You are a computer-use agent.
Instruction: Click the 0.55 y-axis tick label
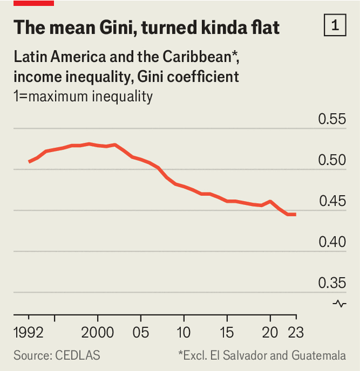tap(332, 119)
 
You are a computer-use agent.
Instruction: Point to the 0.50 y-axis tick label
tap(332, 160)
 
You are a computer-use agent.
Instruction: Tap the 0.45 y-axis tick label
tap(332, 201)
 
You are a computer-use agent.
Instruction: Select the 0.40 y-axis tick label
tap(332, 242)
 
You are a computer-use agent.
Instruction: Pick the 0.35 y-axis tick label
tap(332, 283)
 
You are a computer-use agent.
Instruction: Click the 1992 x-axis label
tap(28, 331)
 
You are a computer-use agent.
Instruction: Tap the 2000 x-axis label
tap(98, 331)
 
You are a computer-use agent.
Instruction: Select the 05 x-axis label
tap(140, 331)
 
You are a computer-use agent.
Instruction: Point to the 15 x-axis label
tap(227, 331)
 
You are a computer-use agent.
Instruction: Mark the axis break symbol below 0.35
tap(340, 304)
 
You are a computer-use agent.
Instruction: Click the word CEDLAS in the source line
tap(78, 355)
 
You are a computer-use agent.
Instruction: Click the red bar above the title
tap(33, 3)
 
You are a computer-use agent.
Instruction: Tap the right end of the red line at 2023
tap(295, 214)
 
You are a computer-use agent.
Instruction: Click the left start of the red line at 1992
tap(29, 162)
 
